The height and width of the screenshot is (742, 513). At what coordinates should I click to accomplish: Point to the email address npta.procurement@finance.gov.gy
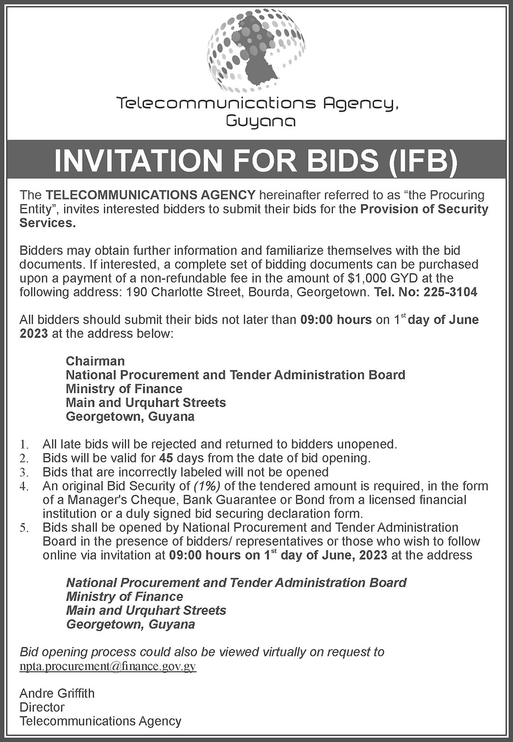pyautogui.click(x=108, y=666)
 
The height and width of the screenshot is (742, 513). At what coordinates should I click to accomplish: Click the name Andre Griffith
pyautogui.click(x=57, y=693)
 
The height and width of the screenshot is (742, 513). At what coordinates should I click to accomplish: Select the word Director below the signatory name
pyautogui.click(x=42, y=707)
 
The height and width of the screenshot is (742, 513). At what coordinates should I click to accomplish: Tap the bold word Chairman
pyautogui.click(x=95, y=361)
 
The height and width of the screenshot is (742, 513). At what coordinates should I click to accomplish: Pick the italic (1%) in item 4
pyautogui.click(x=207, y=486)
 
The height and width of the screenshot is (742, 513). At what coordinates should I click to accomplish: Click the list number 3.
pyautogui.click(x=24, y=473)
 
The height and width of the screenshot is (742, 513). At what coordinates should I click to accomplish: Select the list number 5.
pyautogui.click(x=24, y=528)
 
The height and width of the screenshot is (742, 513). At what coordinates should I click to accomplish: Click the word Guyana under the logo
pyautogui.click(x=261, y=122)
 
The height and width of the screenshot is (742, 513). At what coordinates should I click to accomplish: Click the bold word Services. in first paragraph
pyautogui.click(x=47, y=223)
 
